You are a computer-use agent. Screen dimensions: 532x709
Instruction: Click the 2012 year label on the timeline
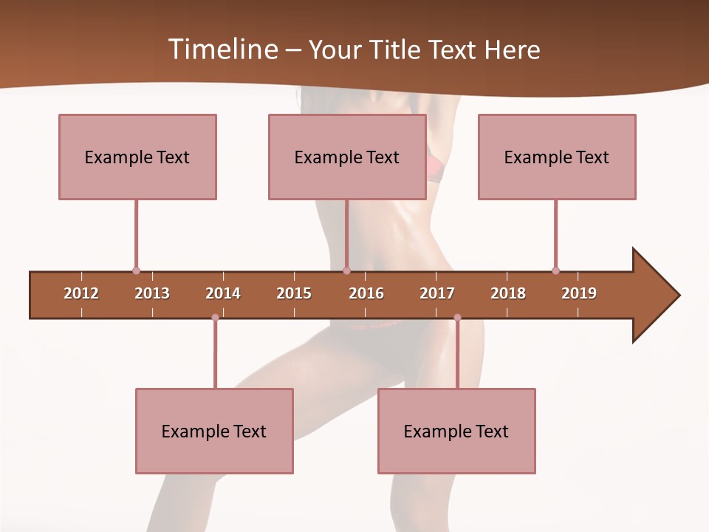[81, 293]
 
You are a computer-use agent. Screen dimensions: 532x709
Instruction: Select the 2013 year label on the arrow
[152, 293]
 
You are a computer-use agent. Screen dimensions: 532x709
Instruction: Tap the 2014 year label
[223, 293]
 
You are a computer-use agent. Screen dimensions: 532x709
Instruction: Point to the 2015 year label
[294, 293]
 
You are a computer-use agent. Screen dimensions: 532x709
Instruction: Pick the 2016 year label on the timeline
[366, 293]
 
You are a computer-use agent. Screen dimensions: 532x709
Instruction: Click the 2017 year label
[437, 293]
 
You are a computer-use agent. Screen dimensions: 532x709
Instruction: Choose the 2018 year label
[508, 293]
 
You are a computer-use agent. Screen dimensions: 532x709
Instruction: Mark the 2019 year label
[579, 293]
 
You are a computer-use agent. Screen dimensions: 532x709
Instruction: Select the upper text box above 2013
[137, 157]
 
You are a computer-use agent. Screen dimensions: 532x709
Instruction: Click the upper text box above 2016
[347, 157]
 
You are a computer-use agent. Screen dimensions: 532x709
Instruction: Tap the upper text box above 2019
[557, 157]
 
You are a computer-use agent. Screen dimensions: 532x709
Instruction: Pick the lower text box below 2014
[214, 431]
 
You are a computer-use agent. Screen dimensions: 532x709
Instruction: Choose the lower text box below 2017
[456, 431]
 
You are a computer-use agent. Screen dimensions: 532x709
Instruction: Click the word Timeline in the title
[222, 50]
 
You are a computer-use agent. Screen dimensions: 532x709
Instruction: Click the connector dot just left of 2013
[136, 270]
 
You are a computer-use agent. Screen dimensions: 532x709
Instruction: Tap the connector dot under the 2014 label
[215, 318]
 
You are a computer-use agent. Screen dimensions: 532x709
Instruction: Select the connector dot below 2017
[457, 318]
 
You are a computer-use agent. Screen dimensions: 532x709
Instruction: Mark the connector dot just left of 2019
[555, 270]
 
